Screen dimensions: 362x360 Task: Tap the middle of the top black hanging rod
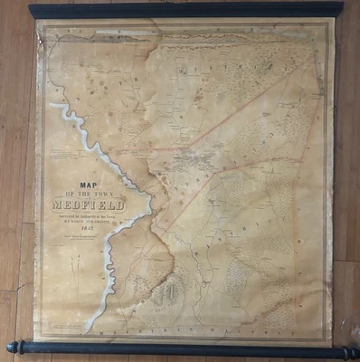(x=185, y=10)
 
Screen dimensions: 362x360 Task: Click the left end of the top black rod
(x=33, y=12)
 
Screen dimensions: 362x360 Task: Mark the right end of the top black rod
(x=340, y=8)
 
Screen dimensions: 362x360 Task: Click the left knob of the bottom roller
(x=11, y=347)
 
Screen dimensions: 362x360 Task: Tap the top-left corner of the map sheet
(x=38, y=22)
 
